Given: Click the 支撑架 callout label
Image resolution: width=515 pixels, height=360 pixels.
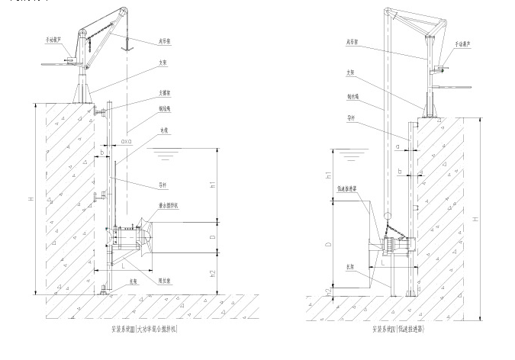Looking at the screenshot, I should [x=164, y=92].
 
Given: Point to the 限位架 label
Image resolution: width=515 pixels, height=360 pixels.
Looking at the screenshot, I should [x=163, y=280].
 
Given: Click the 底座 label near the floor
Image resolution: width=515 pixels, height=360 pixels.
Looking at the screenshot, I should [x=134, y=281].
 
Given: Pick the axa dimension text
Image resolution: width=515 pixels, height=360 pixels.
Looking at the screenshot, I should [x=127, y=141].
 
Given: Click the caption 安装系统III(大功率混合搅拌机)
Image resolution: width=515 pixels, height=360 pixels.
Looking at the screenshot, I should [x=144, y=329].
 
